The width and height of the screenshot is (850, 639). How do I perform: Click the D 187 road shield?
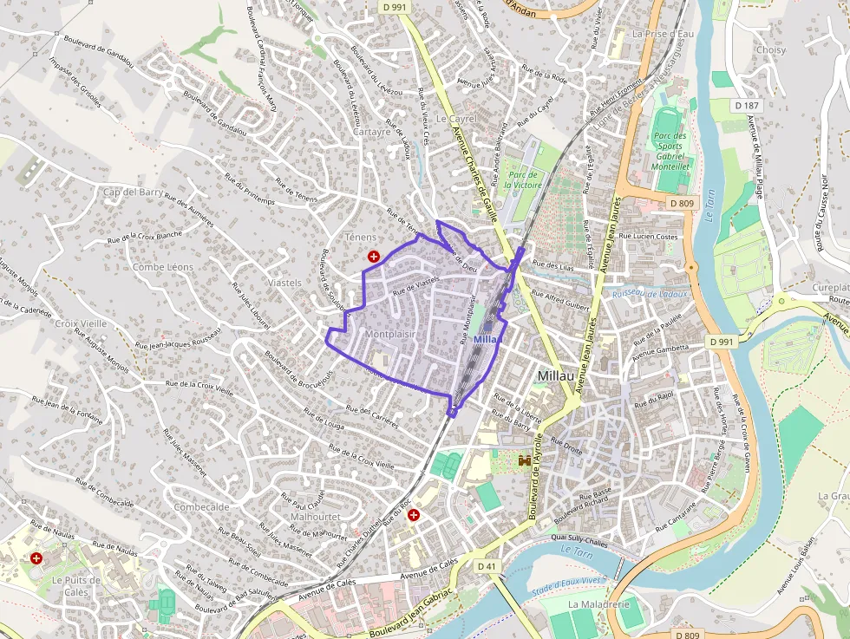coord(746,106)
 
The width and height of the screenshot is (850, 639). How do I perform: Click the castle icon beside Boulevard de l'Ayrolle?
coord(525,461)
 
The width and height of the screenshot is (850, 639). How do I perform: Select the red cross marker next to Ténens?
coord(374,257)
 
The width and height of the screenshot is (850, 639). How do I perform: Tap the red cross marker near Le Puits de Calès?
coord(36,557)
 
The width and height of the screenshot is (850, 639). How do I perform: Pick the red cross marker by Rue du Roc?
coord(414,515)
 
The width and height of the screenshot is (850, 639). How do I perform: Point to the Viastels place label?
coord(284,283)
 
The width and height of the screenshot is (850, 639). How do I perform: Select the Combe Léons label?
coord(163,267)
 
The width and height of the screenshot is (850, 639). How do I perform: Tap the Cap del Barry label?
coord(133,192)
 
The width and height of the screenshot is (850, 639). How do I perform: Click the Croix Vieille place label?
coord(81,323)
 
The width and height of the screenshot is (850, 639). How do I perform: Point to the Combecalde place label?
coord(201,507)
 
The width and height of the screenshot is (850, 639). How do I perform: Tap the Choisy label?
coord(770,49)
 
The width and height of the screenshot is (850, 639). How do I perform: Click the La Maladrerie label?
coord(598,603)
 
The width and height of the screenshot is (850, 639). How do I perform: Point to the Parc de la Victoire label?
coord(524,179)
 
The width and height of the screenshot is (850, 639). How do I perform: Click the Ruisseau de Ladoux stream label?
coord(650,293)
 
